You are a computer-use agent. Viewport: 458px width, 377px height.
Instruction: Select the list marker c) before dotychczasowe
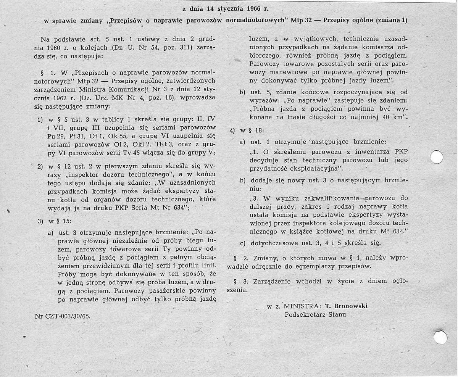(243, 243)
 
